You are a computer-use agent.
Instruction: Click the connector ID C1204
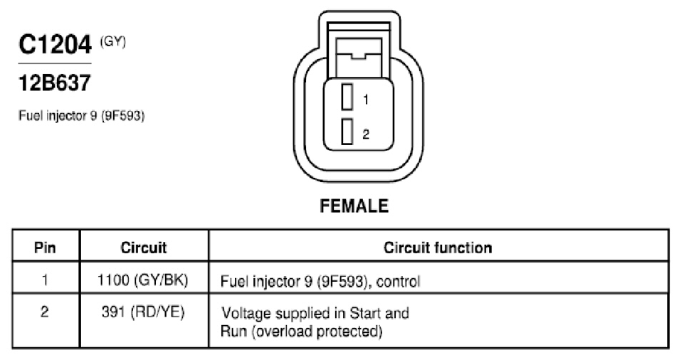(x=55, y=44)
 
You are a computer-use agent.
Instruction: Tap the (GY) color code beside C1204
(x=113, y=42)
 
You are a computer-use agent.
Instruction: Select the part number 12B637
(x=55, y=83)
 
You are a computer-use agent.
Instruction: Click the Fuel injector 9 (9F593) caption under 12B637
(x=81, y=116)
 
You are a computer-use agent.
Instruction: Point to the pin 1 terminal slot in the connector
(x=347, y=97)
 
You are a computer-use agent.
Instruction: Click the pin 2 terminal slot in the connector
(x=347, y=132)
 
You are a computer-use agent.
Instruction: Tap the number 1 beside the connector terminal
(x=366, y=100)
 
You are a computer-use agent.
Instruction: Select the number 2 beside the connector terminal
(x=366, y=134)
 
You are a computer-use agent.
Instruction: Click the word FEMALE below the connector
(x=354, y=206)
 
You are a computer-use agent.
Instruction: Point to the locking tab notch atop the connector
(x=358, y=55)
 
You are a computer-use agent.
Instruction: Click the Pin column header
(x=45, y=248)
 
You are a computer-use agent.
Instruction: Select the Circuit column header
(x=143, y=248)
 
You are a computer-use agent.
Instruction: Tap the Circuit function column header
(x=438, y=248)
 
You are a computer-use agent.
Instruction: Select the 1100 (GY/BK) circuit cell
(x=143, y=280)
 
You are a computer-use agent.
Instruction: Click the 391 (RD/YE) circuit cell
(x=143, y=312)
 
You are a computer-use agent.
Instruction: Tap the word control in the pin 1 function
(x=398, y=282)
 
